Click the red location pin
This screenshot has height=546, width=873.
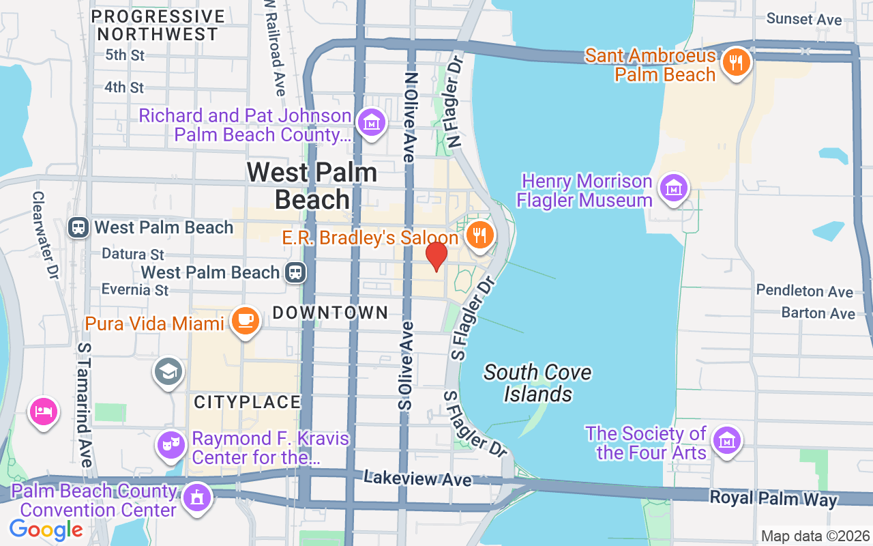click(436, 256)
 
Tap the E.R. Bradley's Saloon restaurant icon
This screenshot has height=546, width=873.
click(481, 235)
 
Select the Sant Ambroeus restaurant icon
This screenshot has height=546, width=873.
click(735, 63)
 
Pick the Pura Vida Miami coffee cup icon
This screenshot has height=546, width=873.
click(244, 320)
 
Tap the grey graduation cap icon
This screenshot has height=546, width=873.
click(168, 371)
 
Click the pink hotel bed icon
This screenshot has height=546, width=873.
click(43, 412)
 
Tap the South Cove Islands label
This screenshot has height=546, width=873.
click(537, 383)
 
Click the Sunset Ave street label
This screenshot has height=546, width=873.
click(804, 19)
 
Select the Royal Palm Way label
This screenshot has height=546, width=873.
click(773, 498)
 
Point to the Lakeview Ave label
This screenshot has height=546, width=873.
click(417, 478)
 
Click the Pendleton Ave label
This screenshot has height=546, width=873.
click(805, 291)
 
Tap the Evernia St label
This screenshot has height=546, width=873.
click(135, 289)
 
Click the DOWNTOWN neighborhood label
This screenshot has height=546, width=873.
click(330, 313)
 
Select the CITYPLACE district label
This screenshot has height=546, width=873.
click(247, 402)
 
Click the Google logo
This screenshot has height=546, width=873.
click(46, 530)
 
